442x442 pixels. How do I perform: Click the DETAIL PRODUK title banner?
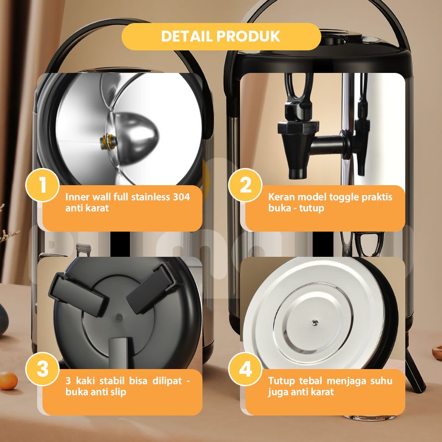[221, 37]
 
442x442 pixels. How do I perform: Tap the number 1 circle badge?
[42, 185]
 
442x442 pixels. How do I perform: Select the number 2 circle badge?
[245, 185]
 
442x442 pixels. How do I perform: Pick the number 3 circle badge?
[42, 369]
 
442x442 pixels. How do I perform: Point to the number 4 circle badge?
[245, 369]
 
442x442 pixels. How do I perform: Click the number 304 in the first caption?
[181, 197]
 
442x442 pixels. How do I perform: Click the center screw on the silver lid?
[315, 323]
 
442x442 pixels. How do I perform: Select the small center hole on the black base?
[119, 318]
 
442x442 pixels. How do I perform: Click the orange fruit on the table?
[8, 380]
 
